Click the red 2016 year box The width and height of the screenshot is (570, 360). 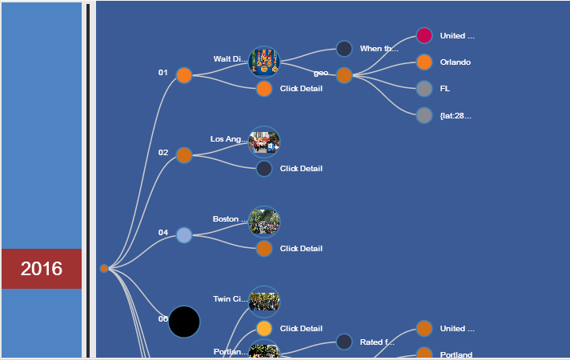(41, 269)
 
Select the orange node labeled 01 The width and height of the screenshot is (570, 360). (184, 75)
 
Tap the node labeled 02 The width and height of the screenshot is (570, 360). (184, 155)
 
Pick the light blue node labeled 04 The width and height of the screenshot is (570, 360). (184, 235)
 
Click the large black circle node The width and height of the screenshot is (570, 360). (184, 322)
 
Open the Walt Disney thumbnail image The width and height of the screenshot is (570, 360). (264, 60)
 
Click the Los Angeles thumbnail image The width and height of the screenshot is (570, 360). (264, 141)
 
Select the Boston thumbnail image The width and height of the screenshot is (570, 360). (264, 221)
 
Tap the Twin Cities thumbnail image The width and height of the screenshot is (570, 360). (264, 301)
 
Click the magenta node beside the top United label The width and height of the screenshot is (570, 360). (424, 35)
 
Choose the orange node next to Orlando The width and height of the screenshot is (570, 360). (424, 62)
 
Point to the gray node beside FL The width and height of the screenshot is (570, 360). (424, 88)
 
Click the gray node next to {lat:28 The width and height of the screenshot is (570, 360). (424, 115)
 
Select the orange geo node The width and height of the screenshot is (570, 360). (344, 75)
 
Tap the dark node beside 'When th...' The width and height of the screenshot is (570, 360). (344, 49)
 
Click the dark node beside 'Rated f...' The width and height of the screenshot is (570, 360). (344, 342)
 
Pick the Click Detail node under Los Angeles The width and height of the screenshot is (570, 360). (264, 168)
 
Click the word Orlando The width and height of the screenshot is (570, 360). (455, 62)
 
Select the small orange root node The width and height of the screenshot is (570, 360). (104, 269)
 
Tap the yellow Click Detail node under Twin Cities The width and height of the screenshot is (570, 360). (264, 328)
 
